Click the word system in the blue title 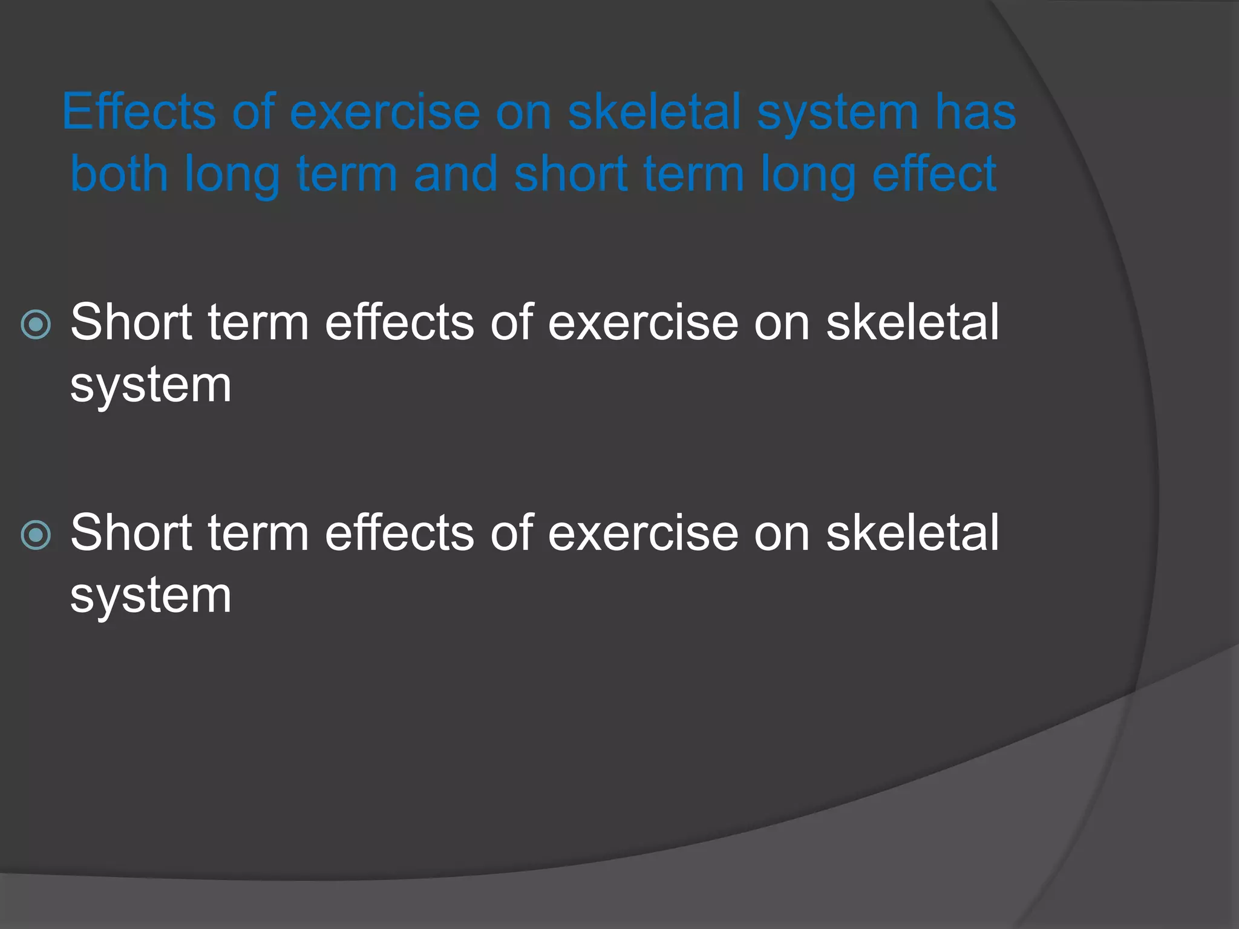point(837,113)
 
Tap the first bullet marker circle point(36,325)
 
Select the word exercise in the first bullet point(642,322)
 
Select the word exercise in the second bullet point(642,533)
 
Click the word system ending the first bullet point(151,386)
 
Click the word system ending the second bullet point(151,596)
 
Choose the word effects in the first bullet point(399,322)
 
